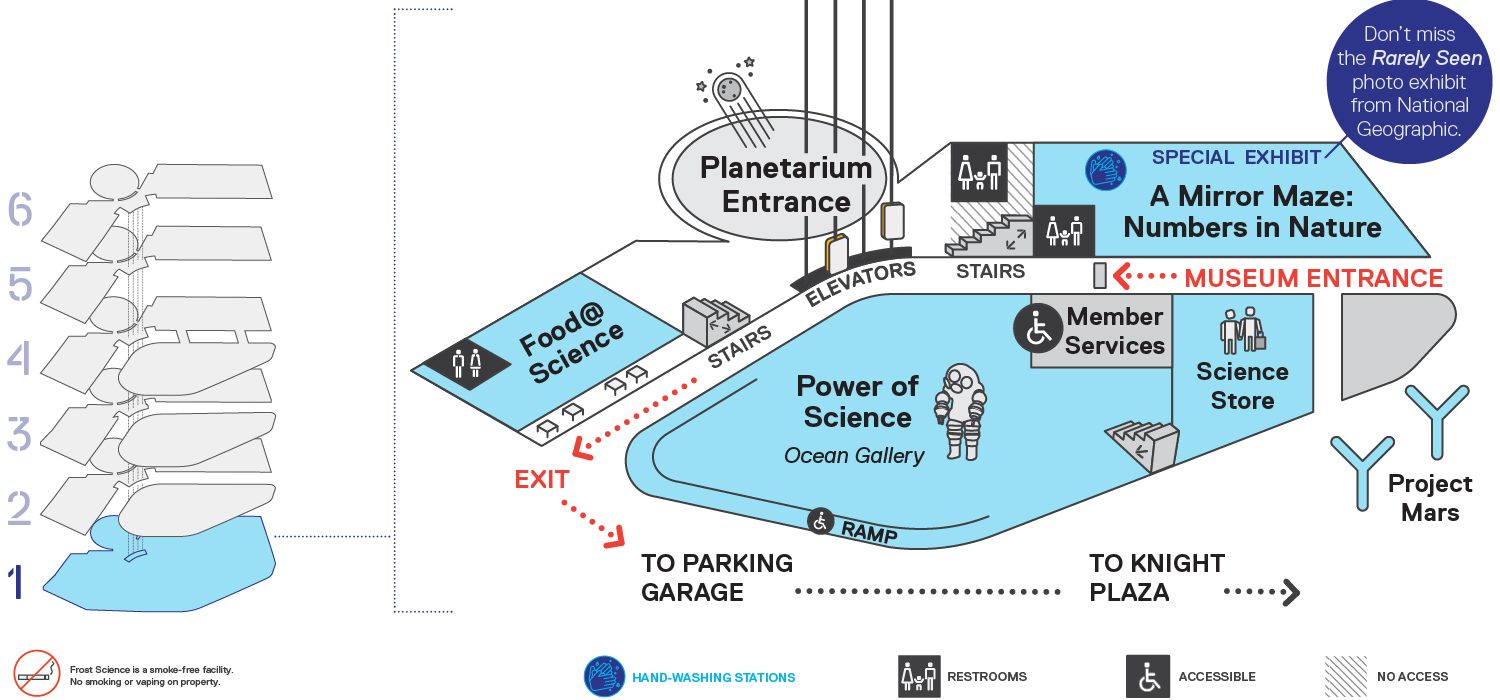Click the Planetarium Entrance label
[x=786, y=185]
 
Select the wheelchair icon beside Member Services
[x=1038, y=328]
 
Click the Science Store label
[x=1242, y=386]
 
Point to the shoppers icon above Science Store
[x=1242, y=330]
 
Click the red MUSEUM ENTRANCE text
[x=1313, y=278]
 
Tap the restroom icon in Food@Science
[x=466, y=364]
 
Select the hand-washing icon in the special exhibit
[x=1106, y=169]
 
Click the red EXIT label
[x=542, y=480]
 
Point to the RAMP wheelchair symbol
[x=820, y=520]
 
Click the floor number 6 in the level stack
[x=20, y=209]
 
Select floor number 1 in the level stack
[x=17, y=581]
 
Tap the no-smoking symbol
[x=37, y=673]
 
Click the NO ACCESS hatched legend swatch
[x=1345, y=677]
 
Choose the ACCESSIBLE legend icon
[x=1148, y=677]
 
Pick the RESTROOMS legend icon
[x=919, y=677]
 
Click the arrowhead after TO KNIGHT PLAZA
[x=1291, y=592]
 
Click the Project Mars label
[x=1430, y=498]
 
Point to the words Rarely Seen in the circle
[x=1427, y=58]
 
